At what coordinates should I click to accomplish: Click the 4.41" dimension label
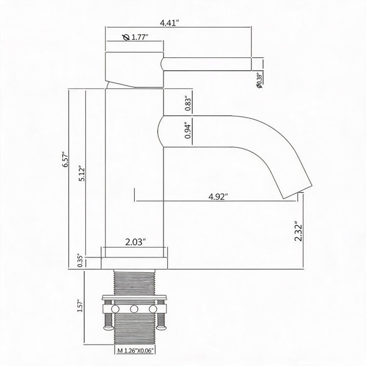pos(169,23)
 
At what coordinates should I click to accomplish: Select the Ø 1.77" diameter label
pos(135,37)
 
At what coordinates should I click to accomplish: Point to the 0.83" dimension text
pos(188,104)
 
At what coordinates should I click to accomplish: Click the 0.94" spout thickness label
pos(188,131)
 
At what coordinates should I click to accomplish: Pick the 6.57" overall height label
pos(65,159)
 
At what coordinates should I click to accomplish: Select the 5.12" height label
pos(82,174)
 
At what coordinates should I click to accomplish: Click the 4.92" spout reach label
pos(218,197)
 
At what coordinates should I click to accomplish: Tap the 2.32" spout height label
pos(298,231)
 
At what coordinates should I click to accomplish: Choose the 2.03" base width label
pos(135,242)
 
